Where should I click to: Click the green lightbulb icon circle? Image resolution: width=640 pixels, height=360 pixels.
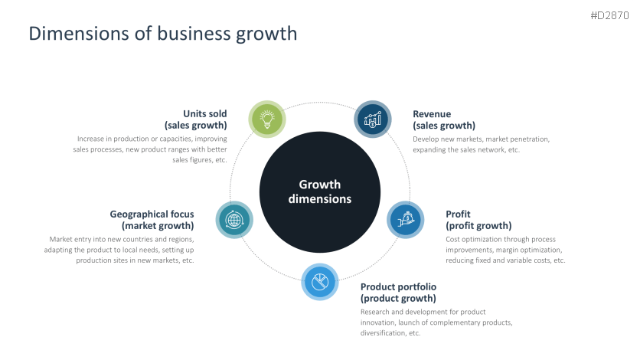pos(267,119)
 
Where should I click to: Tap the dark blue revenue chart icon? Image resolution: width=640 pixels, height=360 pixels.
pos(373,119)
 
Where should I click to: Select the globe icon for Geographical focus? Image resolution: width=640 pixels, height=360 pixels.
pos(234,220)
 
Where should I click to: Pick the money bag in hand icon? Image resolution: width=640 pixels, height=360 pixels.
pos(405,220)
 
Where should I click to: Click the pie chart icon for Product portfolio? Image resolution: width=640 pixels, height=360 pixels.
pos(320,282)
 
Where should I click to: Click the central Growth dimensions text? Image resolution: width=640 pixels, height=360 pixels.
pos(320,191)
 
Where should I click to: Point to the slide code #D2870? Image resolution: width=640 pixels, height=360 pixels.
pos(610,15)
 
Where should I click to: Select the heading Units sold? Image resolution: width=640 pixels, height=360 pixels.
pos(205,113)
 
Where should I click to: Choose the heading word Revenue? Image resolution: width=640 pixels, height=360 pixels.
pos(432,114)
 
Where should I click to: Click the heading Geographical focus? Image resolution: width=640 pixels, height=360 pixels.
pos(152,214)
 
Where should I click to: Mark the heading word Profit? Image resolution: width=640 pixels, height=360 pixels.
pos(458,214)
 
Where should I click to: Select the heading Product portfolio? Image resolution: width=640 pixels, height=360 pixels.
pos(398,287)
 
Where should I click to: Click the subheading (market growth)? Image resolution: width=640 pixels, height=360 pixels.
pos(158,226)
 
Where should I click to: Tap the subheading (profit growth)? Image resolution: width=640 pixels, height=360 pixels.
pos(478,226)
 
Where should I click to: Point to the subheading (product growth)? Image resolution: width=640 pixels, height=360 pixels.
pos(398,299)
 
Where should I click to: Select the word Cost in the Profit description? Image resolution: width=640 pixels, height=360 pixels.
pos(452,239)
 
